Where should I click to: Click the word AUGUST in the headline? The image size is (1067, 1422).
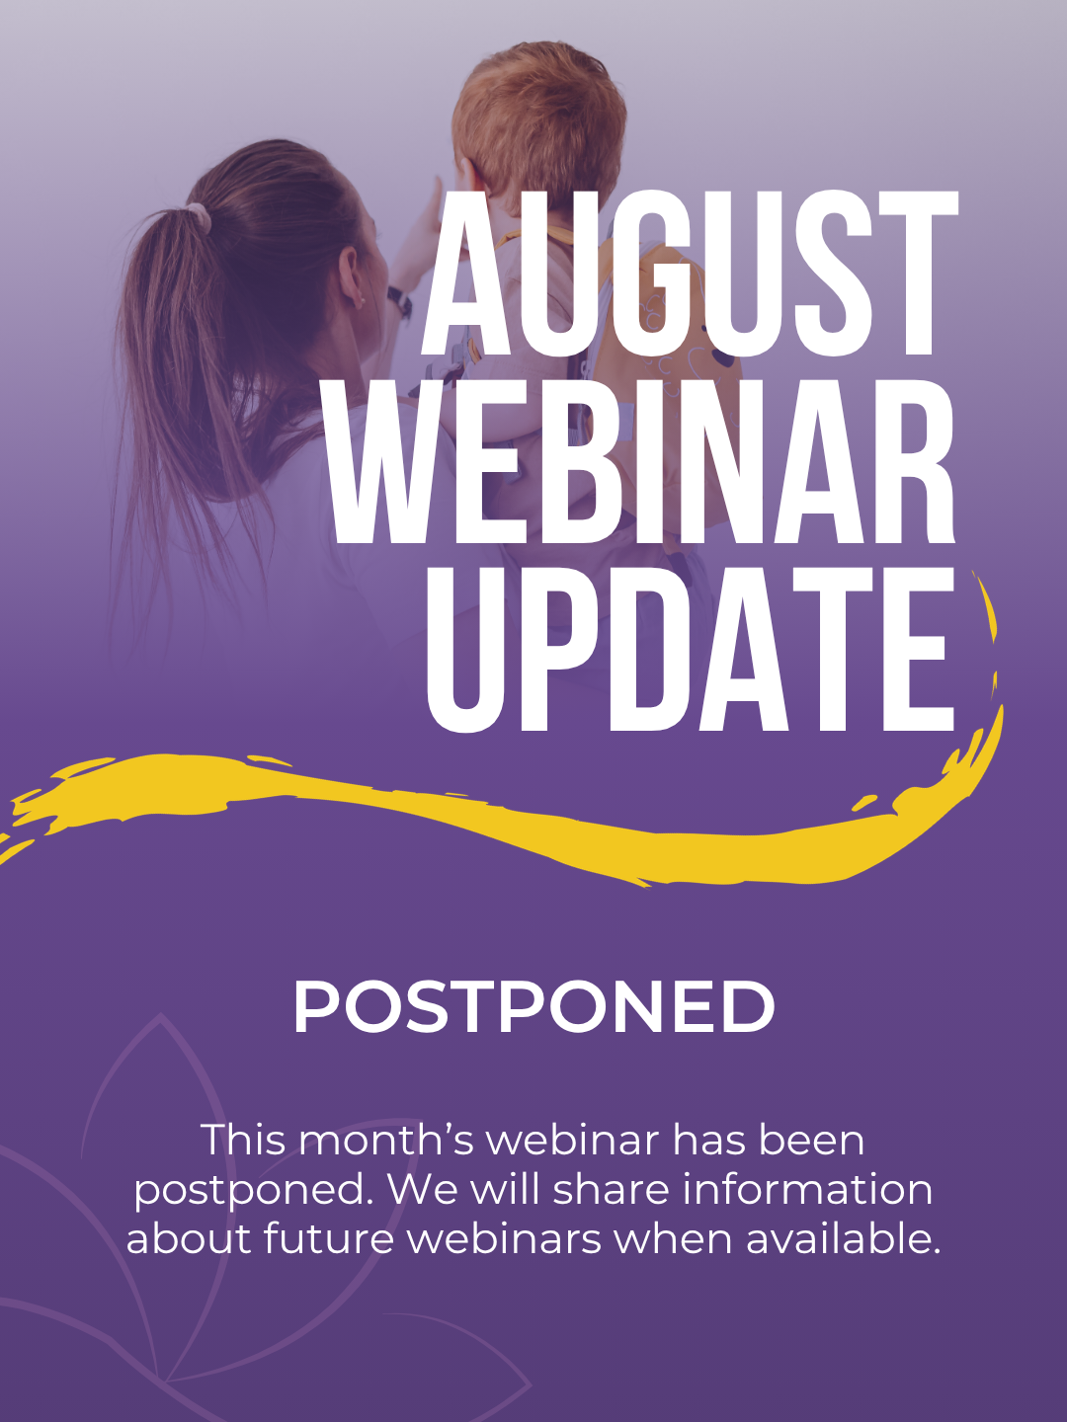click(x=690, y=273)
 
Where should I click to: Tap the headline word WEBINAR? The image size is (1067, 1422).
click(x=642, y=462)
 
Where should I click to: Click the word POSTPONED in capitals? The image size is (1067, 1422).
click(x=533, y=1006)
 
